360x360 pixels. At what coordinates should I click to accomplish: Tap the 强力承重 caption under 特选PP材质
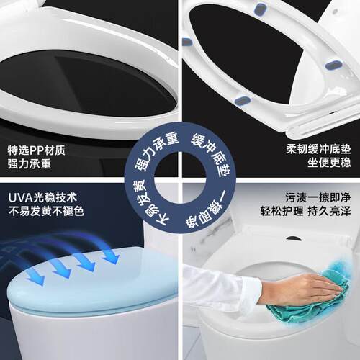click(x=30, y=165)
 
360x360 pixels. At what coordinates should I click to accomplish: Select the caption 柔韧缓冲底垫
click(x=318, y=151)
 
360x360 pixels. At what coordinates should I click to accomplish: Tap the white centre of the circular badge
click(x=179, y=181)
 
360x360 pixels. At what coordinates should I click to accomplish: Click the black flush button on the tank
click(x=293, y=237)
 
